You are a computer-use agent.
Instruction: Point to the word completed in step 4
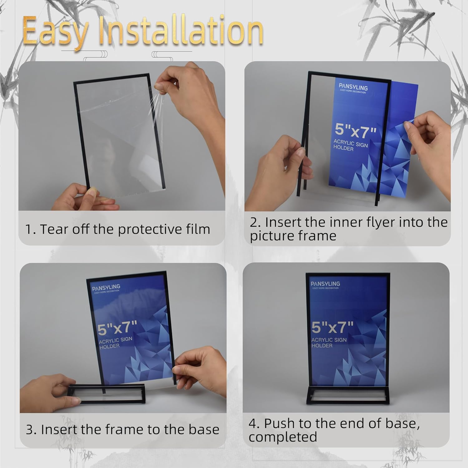pyautogui.click(x=283, y=437)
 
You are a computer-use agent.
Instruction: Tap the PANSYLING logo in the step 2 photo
pyautogui.click(x=353, y=88)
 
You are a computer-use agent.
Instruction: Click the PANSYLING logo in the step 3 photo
pyautogui.click(x=106, y=287)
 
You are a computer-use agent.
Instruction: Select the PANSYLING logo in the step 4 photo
pyautogui.click(x=325, y=284)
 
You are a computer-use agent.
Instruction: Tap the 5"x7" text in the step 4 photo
pyautogui.click(x=332, y=327)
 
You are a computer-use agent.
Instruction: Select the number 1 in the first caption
pyautogui.click(x=28, y=230)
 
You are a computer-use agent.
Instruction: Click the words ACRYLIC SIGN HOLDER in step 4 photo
pyautogui.click(x=329, y=343)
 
